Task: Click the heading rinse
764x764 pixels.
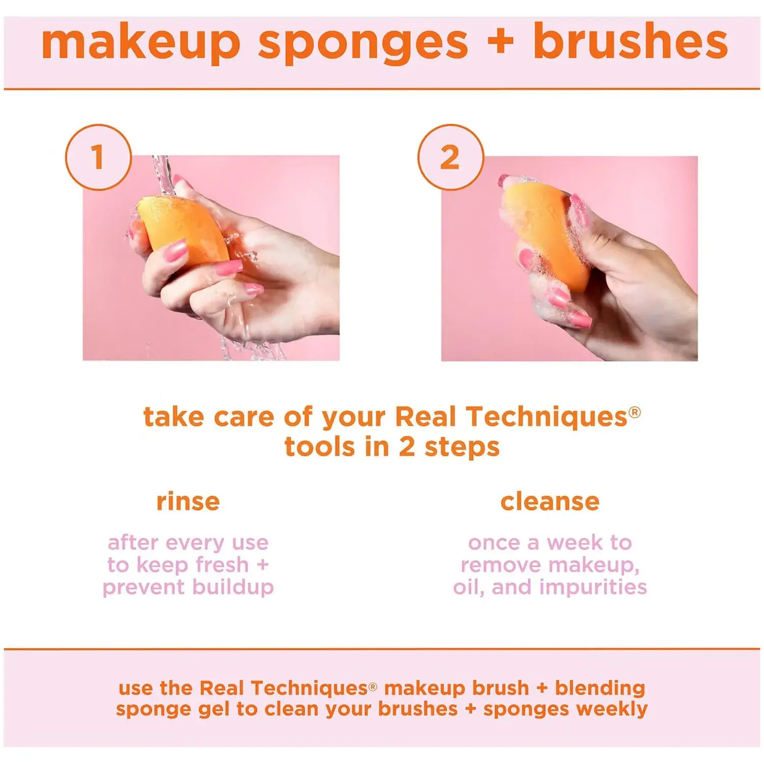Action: [188, 502]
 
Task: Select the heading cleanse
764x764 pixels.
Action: [550, 502]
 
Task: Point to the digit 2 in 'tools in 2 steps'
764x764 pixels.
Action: [407, 447]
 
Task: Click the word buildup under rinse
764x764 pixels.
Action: [233, 587]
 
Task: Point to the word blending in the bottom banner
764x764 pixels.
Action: [600, 688]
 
